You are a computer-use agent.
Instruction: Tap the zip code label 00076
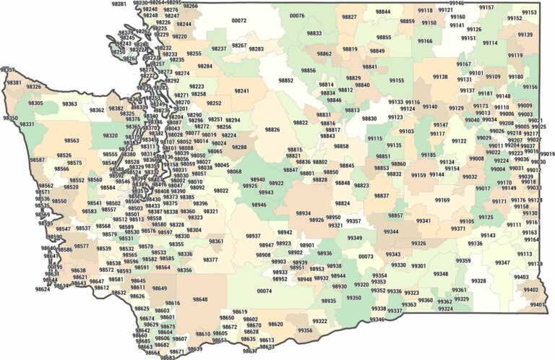click(x=296, y=15)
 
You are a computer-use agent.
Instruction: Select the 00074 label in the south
click(x=264, y=291)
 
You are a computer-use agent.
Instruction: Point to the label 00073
click(x=366, y=257)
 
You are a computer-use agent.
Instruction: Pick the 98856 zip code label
click(x=309, y=70)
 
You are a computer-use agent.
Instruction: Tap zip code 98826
click(x=272, y=129)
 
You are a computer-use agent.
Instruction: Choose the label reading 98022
click(x=221, y=191)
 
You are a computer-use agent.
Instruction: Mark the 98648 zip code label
click(x=200, y=299)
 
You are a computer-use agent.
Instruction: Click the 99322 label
click(x=320, y=321)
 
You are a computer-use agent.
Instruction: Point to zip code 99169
click(x=442, y=200)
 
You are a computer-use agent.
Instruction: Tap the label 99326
click(x=418, y=244)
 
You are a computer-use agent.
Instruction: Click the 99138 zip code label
click(x=440, y=77)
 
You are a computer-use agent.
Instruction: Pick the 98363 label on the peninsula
click(x=70, y=104)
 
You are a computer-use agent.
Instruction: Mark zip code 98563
click(x=72, y=141)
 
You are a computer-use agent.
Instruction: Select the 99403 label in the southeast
click(x=521, y=277)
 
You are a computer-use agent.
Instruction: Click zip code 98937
click(x=254, y=236)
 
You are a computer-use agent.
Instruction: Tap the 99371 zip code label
click(x=458, y=228)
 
